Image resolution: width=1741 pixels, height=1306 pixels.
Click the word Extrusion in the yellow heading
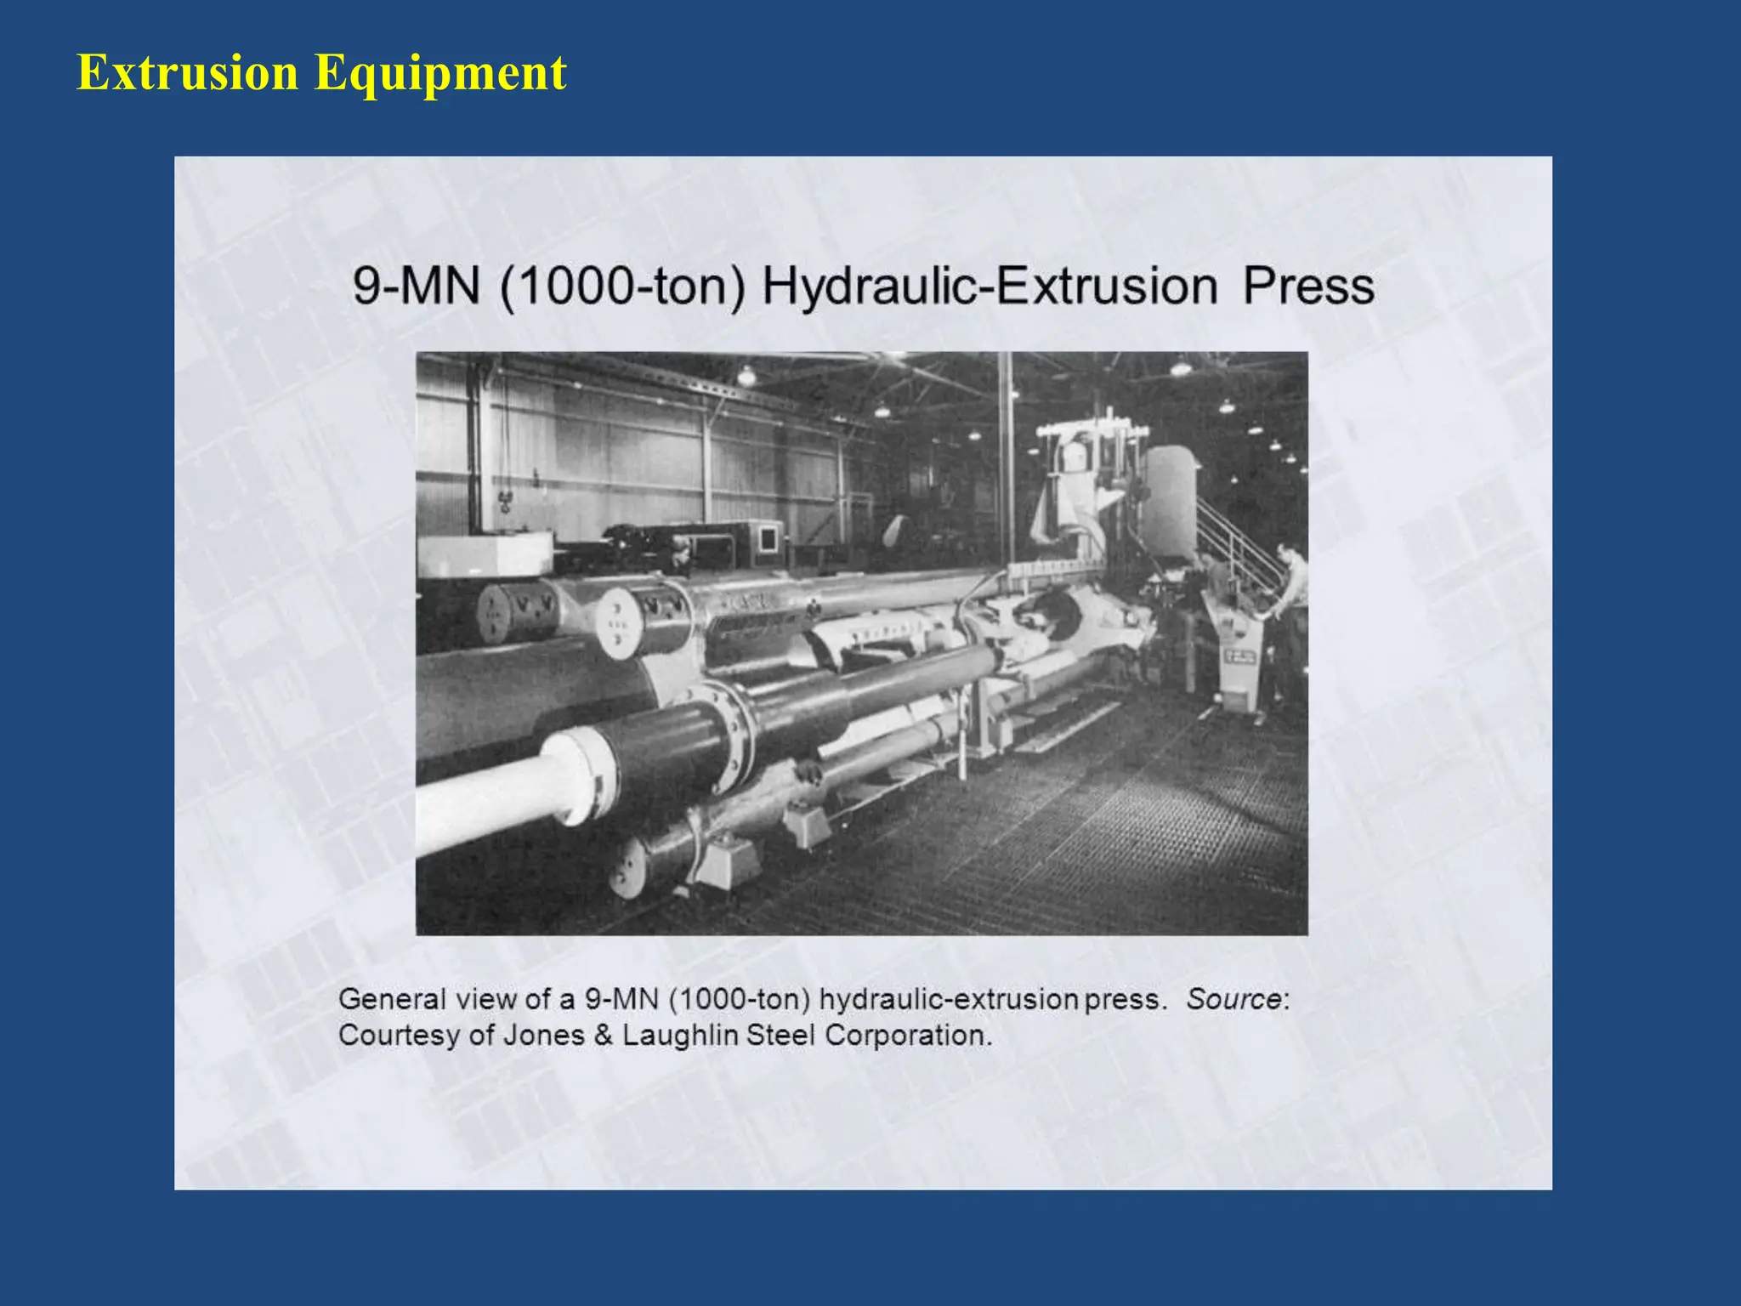pos(187,72)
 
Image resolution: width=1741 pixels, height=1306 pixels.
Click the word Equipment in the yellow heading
pos(440,74)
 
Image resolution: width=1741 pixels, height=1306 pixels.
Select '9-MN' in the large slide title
pos(416,286)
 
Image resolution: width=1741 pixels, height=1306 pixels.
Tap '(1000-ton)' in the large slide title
pos(621,286)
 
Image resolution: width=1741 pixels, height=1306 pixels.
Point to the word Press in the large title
pos(1307,286)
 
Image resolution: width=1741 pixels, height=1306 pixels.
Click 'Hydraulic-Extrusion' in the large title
pos(990,287)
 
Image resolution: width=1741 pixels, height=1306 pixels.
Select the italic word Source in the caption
pos(1233,998)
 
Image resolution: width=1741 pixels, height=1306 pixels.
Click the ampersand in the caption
pos(603,1036)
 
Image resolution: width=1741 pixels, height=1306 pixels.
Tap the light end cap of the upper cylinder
pos(619,623)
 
